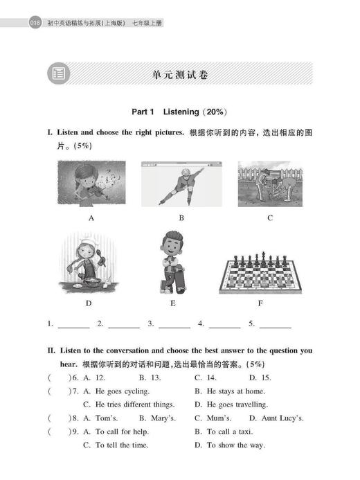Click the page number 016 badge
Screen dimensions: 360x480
click(x=34, y=24)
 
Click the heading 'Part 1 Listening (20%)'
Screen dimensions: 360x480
click(x=179, y=111)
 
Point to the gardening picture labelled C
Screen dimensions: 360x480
click(x=270, y=184)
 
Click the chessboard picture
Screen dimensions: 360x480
click(x=270, y=271)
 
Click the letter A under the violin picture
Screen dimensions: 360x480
click(x=91, y=218)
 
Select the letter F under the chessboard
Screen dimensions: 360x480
click(x=270, y=303)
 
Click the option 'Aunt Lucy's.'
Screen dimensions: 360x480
click(x=277, y=418)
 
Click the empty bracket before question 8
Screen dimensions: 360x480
click(x=60, y=418)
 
